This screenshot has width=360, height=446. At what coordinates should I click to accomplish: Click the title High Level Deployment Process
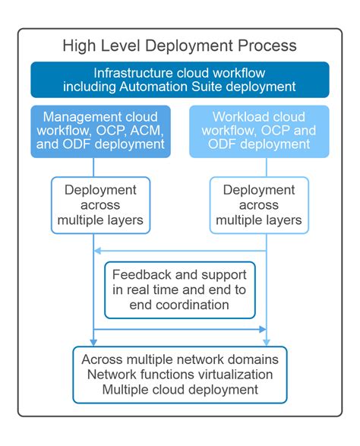click(180, 46)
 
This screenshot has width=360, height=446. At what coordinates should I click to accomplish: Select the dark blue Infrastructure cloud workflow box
click(180, 80)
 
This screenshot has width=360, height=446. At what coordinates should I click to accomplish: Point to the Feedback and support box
click(179, 289)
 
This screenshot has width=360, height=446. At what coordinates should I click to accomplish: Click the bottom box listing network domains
click(180, 375)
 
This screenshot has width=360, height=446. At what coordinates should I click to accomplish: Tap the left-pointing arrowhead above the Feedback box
click(96, 251)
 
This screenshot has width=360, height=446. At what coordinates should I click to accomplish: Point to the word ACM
click(147, 131)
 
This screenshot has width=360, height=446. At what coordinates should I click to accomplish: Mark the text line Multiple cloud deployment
click(180, 390)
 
